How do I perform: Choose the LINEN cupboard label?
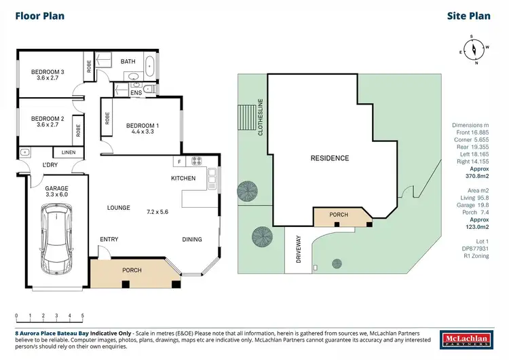[x=68, y=153]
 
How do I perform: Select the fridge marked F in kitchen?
[x=178, y=162]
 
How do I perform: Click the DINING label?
[x=191, y=239]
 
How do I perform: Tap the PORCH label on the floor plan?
[x=132, y=270]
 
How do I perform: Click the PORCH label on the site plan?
[x=339, y=215]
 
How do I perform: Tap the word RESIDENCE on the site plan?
[x=330, y=158]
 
